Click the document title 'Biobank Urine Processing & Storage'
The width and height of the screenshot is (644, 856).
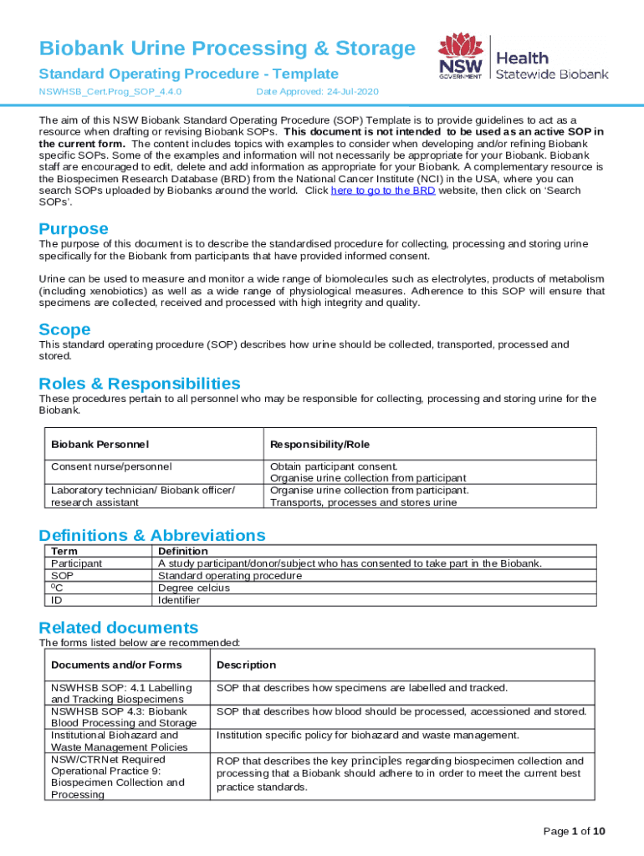tap(227, 48)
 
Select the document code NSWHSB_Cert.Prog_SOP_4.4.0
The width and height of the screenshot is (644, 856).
tap(111, 91)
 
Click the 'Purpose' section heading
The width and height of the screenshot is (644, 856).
tap(74, 228)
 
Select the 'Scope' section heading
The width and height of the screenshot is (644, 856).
tap(64, 329)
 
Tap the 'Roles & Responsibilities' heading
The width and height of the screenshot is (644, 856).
tap(140, 384)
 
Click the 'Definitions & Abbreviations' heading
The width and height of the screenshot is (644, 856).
tap(152, 535)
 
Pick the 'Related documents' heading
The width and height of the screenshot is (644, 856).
tap(119, 628)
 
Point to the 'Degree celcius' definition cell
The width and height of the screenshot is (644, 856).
tap(194, 588)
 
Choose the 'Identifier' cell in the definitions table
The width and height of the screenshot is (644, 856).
tap(179, 599)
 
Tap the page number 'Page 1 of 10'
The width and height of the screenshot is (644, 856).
tap(574, 831)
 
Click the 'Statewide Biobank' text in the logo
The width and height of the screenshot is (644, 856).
tap(552, 74)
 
